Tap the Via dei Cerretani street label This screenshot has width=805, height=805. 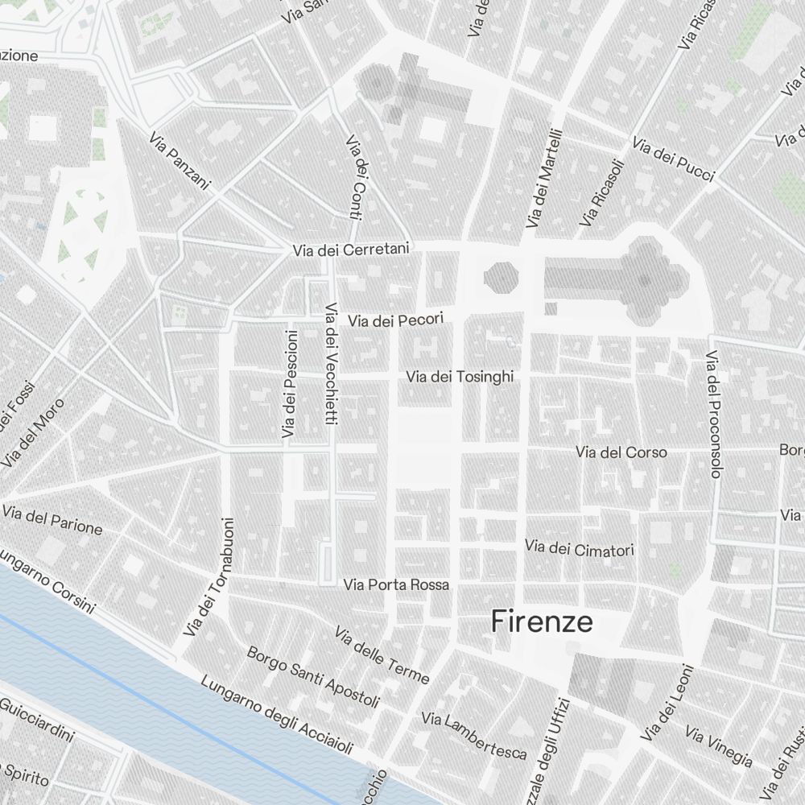pos(353,250)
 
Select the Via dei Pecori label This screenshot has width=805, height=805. pos(395,320)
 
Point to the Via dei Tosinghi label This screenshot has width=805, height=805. pos(459,376)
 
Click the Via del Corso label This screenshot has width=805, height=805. pos(621,452)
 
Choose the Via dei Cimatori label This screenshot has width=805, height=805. pos(580,549)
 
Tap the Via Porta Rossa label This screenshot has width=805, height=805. pos(396,584)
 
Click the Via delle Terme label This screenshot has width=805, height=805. pos(382,655)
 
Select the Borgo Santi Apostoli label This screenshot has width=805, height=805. pos(313,677)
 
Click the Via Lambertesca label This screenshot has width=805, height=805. pos(474,735)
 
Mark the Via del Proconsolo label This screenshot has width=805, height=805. pos(712,414)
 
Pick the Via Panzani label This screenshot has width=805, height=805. pos(179,162)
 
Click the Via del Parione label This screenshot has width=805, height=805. pos(52,520)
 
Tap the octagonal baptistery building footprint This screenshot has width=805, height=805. pos(500,277)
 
